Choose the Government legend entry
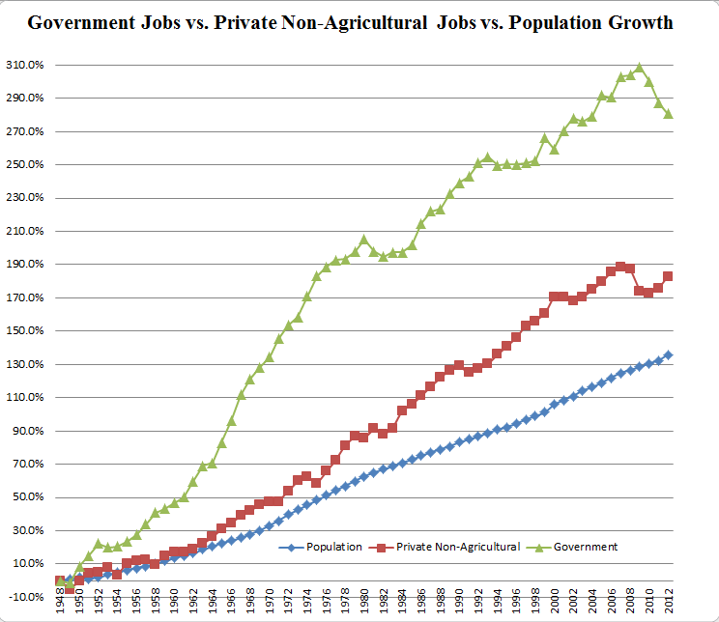click(x=584, y=547)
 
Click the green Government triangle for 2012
click(x=669, y=113)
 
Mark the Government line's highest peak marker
click(x=640, y=68)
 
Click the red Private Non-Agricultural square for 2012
click(x=669, y=276)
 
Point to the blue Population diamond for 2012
click(x=669, y=354)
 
